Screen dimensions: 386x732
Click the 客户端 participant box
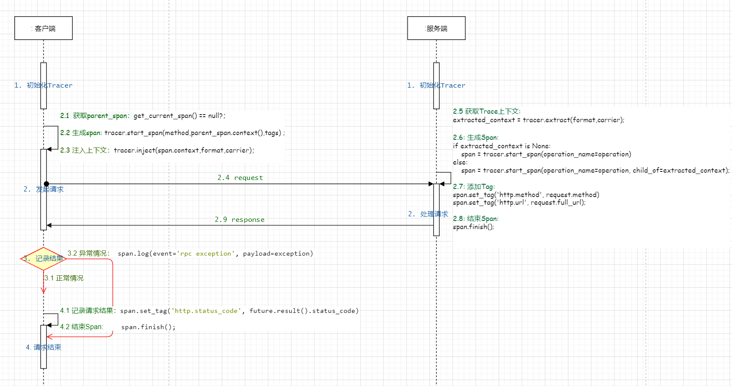pyautogui.click(x=43, y=28)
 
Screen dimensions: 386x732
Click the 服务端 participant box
pyautogui.click(x=436, y=28)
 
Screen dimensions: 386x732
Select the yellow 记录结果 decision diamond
pyautogui.click(x=43, y=259)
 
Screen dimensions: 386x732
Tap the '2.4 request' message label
pyautogui.click(x=240, y=178)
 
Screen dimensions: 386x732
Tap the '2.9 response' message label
pyautogui.click(x=239, y=220)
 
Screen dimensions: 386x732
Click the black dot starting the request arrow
pyautogui.click(x=46, y=184)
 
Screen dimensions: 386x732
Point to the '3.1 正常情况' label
pyautogui.click(x=64, y=278)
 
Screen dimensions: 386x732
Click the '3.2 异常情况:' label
pyautogui.click(x=88, y=253)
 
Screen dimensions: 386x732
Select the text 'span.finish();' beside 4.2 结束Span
pyautogui.click(x=148, y=327)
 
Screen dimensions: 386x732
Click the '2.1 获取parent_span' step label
pyautogui.click(x=94, y=116)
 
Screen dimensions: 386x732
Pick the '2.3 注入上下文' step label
pyautogui.click(x=85, y=150)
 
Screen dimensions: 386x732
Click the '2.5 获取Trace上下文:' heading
pyautogui.click(x=486, y=112)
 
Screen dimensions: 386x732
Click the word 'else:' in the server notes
pyautogui.click(x=460, y=162)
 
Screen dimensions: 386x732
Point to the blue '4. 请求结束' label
pyautogui.click(x=43, y=347)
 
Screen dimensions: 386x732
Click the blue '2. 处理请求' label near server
pyautogui.click(x=428, y=214)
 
